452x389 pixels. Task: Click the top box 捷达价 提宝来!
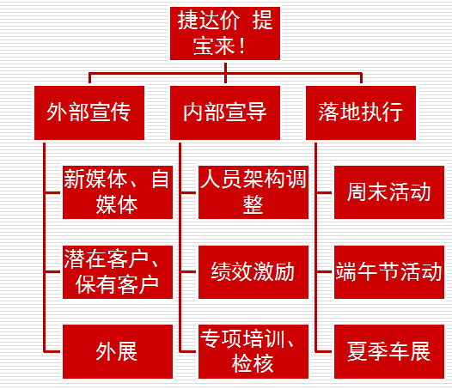tap(225, 33)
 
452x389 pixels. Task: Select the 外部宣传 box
tap(89, 112)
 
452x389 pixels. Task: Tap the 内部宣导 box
tap(225, 112)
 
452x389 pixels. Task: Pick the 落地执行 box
tap(361, 112)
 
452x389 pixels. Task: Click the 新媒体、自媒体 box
tap(118, 192)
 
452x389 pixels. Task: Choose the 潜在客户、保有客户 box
tap(118, 272)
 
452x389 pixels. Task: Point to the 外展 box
tap(118, 351)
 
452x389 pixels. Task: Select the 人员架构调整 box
tap(253, 192)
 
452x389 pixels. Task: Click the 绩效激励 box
tap(253, 272)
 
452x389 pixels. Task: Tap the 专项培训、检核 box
tap(253, 351)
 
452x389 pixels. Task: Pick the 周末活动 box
tap(389, 192)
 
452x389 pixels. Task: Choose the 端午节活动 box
tap(389, 272)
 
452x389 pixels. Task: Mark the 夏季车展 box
tap(389, 351)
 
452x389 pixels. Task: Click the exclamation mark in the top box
tap(241, 46)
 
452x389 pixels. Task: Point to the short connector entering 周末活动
tap(323, 192)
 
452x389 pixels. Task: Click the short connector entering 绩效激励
tap(187, 271)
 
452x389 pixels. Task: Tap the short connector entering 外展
tap(52, 351)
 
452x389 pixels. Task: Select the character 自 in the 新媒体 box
tap(161, 179)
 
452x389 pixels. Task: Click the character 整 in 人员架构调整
tap(253, 204)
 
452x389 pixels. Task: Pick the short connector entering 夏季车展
tap(323, 351)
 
